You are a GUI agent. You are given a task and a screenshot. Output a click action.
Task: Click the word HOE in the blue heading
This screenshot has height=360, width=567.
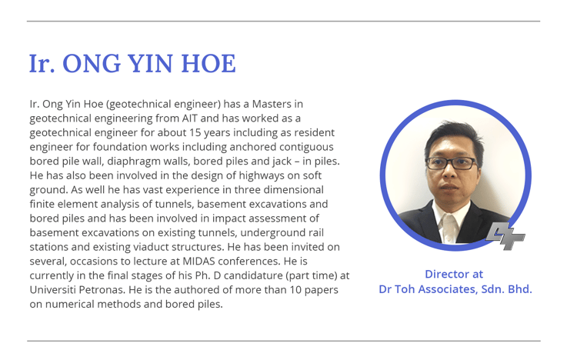click(208, 64)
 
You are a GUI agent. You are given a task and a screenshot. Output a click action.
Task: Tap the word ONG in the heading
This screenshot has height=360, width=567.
click(92, 64)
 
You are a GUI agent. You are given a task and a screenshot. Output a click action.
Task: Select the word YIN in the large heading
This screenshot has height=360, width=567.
click(151, 64)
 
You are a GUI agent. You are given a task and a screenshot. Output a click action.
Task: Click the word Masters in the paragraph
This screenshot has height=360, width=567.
click(272, 104)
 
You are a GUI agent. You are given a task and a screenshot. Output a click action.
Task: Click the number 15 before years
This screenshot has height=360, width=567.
click(195, 132)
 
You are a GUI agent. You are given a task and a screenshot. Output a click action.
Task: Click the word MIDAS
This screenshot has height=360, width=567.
click(198, 262)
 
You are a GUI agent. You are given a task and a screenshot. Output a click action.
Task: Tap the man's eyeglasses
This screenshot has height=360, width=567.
click(451, 163)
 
